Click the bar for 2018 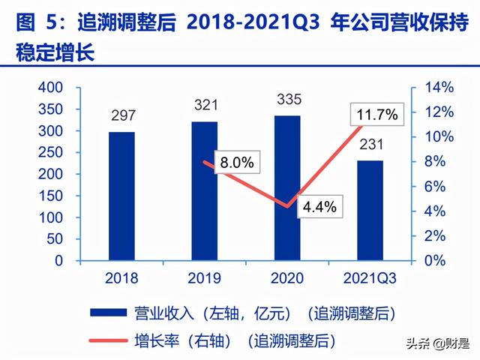pyautogui.click(x=121, y=196)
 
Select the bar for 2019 pyautogui.click(x=204, y=191)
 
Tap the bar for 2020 pyautogui.click(x=287, y=188)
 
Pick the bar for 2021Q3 pyautogui.click(x=370, y=211)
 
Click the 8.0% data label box pyautogui.click(x=235, y=162)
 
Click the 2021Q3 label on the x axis pyautogui.click(x=370, y=278)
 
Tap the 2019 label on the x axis pyautogui.click(x=204, y=278)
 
